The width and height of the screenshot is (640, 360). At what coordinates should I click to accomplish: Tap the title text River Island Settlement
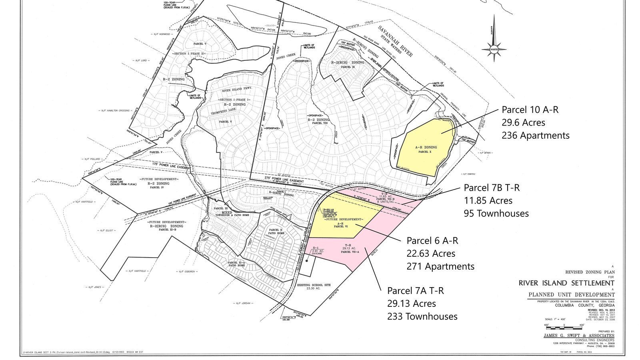pyautogui.click(x=566, y=283)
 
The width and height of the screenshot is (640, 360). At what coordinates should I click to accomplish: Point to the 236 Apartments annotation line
pyautogui.click(x=535, y=136)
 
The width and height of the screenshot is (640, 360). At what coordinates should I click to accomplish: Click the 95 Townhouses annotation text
pyautogui.click(x=496, y=213)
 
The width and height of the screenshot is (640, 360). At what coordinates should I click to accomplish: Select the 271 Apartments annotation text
pyautogui.click(x=440, y=266)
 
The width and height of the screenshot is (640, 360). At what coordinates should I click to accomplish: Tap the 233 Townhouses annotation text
pyautogui.click(x=422, y=316)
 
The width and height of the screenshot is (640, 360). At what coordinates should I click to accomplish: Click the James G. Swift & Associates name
pyautogui.click(x=579, y=335)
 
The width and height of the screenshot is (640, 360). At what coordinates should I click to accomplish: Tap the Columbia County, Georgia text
pyautogui.click(x=584, y=305)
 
